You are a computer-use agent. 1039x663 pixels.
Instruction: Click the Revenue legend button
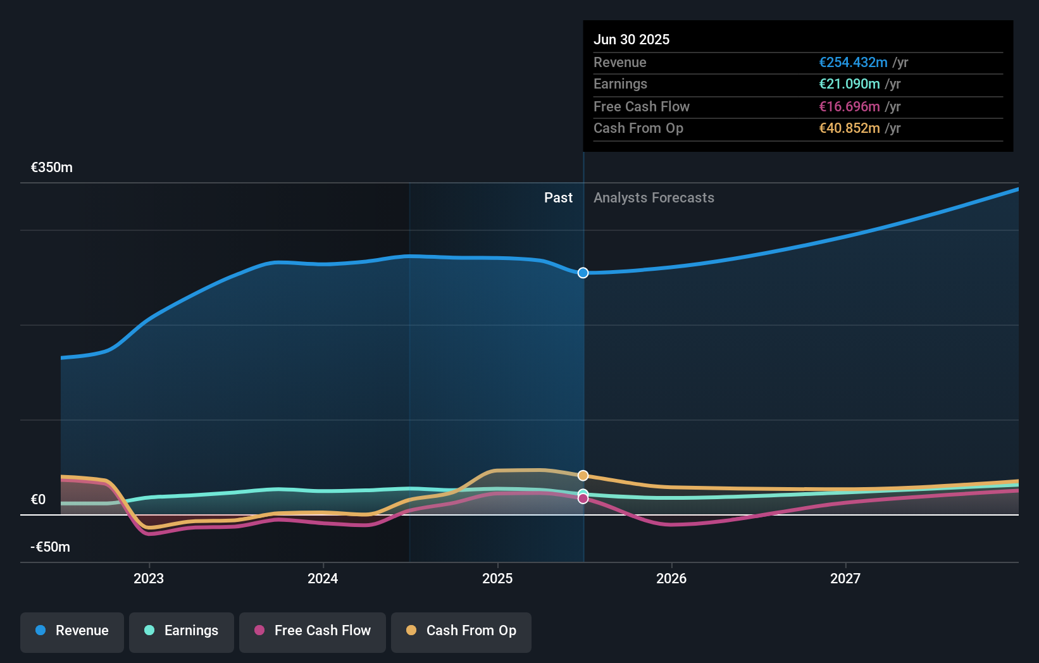coord(72,631)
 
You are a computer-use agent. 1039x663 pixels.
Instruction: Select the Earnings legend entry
coord(182,631)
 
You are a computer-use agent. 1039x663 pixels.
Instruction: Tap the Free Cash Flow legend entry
coord(313,631)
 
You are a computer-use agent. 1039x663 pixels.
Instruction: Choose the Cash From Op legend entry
coord(461,631)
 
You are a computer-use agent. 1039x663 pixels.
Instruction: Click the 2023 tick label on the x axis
coord(149,578)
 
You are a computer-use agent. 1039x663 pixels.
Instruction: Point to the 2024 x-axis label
coord(323,578)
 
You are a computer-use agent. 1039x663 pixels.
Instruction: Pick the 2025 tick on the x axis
coord(497,578)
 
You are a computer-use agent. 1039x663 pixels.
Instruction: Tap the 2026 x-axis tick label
coord(671,578)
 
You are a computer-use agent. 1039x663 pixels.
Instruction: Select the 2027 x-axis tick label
coord(845,578)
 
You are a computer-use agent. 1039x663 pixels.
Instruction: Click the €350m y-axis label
coord(52,168)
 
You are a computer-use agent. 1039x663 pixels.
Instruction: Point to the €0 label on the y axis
coord(39,500)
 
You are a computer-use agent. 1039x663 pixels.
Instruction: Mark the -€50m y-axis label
coord(51,547)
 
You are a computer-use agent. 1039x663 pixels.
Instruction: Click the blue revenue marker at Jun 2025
coord(583,273)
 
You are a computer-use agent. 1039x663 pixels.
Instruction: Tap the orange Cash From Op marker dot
coord(583,475)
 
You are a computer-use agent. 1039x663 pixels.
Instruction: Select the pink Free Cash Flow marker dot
coord(583,499)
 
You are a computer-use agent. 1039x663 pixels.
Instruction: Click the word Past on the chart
coord(558,198)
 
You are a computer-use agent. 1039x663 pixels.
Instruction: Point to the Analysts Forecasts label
coord(654,198)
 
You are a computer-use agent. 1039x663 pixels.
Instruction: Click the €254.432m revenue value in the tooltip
coord(853,63)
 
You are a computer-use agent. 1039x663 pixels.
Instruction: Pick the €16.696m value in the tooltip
coord(849,107)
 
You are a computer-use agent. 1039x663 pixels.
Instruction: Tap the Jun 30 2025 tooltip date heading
coord(631,40)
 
